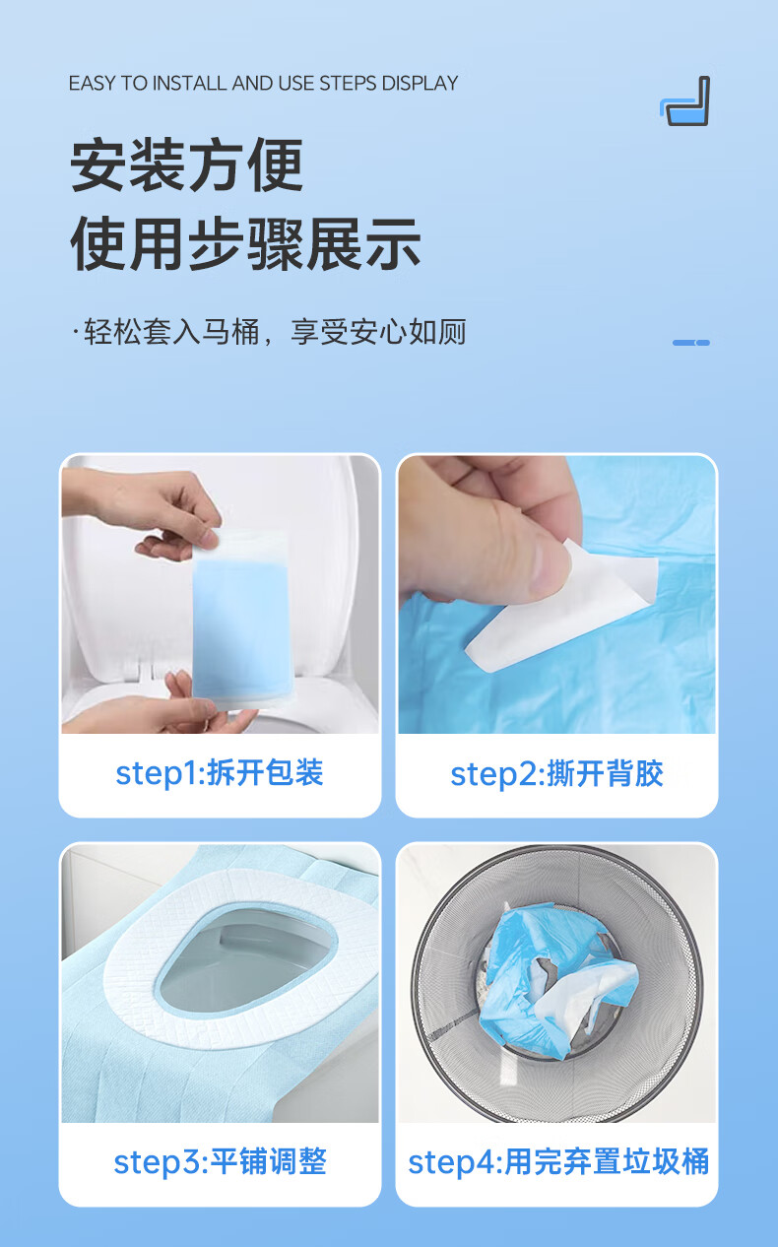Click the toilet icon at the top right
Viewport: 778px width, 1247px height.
coord(684,100)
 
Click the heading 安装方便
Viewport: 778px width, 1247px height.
coord(186,165)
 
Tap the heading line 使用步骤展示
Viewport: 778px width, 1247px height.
coord(245,244)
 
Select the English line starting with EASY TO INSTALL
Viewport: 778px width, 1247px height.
coord(263,84)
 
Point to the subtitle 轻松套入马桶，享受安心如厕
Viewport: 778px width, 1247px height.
coord(270,332)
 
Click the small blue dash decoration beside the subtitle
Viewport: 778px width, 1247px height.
coord(691,343)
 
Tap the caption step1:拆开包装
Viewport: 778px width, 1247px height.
coord(220,773)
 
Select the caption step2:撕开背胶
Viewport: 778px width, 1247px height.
coord(556,774)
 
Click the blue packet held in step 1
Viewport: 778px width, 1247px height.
coord(241,620)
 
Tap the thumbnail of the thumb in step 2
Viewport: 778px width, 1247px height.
coord(549,567)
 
